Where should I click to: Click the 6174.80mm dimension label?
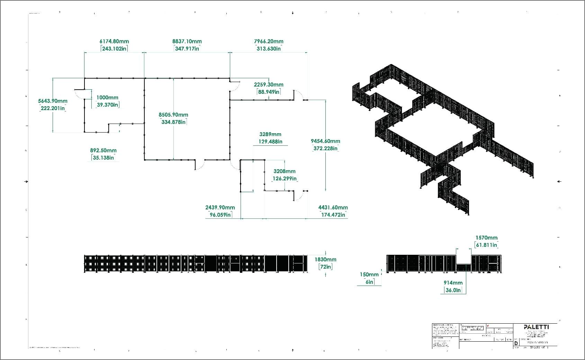114,42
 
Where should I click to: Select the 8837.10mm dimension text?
187,42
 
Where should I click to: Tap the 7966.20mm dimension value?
269,42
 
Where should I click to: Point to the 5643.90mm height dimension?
53,101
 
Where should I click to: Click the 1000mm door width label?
107,98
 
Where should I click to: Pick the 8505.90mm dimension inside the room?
173,115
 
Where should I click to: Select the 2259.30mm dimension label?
269,85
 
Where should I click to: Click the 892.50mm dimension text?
103,151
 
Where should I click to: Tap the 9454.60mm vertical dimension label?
325,141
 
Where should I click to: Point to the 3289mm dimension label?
270,134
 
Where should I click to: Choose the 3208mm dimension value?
285,171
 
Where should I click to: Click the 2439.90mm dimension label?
220,208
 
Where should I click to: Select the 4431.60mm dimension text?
333,208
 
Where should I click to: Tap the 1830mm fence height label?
325,260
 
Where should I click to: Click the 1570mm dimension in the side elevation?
486,238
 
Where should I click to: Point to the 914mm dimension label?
453,283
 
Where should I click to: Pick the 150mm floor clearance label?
369,274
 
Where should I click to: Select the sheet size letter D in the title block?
516,343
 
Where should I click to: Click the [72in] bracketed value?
325,267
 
